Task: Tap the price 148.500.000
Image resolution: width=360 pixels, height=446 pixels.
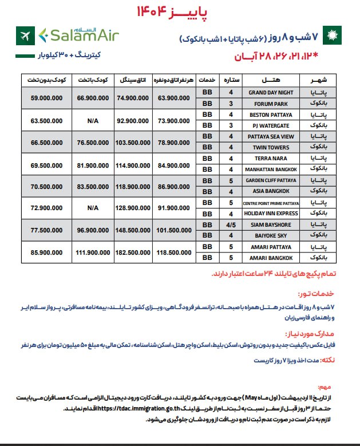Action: pos(133,229)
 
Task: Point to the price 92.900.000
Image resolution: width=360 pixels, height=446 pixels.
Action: pos(133,120)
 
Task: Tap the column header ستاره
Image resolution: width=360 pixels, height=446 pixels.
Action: pos(231,80)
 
